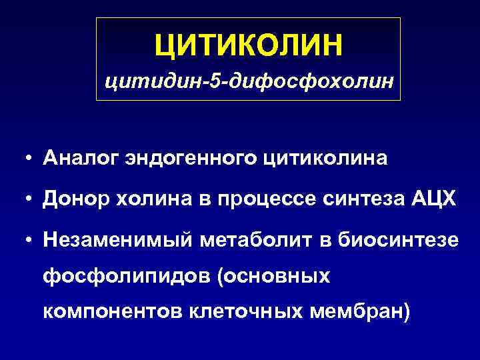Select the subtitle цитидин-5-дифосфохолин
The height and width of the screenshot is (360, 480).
pyautogui.click(x=249, y=83)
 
